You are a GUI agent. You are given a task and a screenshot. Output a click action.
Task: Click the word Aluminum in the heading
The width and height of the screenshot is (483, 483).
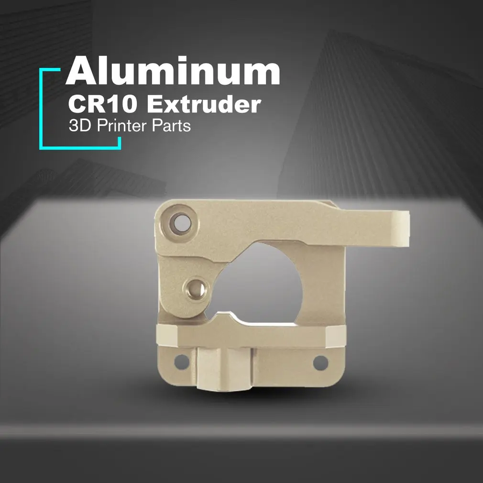pos(173,71)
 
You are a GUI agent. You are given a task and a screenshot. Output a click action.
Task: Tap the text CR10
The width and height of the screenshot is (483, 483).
pos(102,104)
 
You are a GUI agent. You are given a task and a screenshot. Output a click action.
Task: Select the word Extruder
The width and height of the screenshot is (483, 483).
pos(204,104)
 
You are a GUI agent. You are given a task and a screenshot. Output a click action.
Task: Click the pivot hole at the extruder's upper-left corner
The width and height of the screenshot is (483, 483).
pos(181,222)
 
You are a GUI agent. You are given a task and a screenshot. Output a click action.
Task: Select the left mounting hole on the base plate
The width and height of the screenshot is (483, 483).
pos(182,362)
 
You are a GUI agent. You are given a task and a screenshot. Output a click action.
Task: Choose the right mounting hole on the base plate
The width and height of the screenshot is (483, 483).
pos(320,362)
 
